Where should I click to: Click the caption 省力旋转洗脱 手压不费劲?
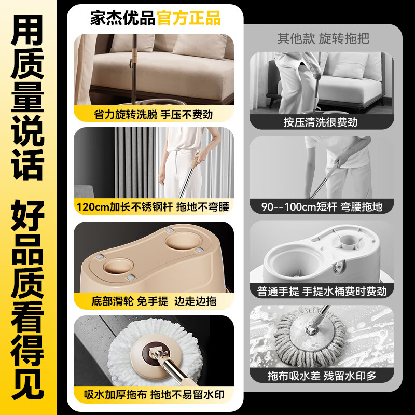154,114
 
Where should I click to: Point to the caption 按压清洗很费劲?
320,122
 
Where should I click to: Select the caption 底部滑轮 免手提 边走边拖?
154,301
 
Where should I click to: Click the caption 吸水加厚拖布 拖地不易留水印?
154,395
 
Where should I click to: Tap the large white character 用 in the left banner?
28,29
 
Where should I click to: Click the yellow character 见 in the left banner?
28,384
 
